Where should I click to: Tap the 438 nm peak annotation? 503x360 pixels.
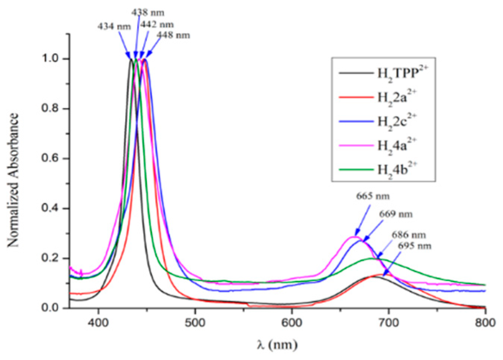148,12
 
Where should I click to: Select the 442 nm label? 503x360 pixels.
157,25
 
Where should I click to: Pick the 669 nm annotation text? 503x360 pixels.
396,214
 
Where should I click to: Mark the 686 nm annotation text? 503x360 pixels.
408,235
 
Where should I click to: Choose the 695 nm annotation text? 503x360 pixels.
414,246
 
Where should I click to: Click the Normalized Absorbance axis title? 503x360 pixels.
13,180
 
